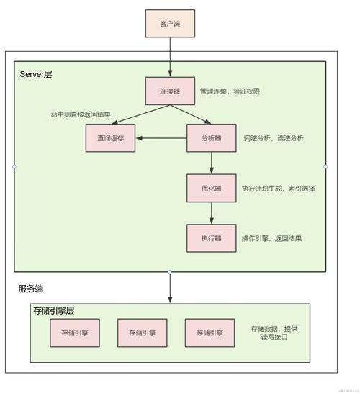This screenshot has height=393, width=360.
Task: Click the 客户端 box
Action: pyautogui.click(x=170, y=23)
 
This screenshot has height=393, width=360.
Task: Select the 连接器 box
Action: pyautogui.click(x=170, y=91)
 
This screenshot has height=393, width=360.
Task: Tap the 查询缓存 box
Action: pyautogui.click(x=110, y=138)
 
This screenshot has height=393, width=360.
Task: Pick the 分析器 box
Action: pyautogui.click(x=211, y=138)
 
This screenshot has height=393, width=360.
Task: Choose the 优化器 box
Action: pyautogui.click(x=211, y=188)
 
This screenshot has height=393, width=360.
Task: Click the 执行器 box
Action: pyautogui.click(x=211, y=238)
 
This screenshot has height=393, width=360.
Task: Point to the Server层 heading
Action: pyautogui.click(x=36, y=75)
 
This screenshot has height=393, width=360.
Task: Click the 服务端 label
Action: pyautogui.click(x=31, y=289)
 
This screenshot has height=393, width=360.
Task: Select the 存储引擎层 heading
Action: pyautogui.click(x=54, y=311)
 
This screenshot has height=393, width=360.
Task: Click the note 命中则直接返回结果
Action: pyautogui.click(x=80, y=114)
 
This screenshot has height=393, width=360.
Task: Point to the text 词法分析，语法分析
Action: pyautogui.click(x=274, y=138)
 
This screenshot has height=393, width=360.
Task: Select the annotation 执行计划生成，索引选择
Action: pyautogui.click(x=278, y=189)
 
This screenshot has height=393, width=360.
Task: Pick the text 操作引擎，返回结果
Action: pyautogui.click(x=271, y=239)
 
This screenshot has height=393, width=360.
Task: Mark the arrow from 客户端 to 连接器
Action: pyautogui.click(x=170, y=58)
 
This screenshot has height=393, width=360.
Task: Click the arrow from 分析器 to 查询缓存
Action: pyautogui.click(x=161, y=138)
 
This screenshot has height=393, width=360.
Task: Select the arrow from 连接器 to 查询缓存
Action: pyautogui.click(x=137, y=115)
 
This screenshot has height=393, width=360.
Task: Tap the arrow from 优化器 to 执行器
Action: pyautogui.click(x=211, y=213)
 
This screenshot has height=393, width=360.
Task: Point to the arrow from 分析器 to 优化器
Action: pyautogui.click(x=211, y=163)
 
